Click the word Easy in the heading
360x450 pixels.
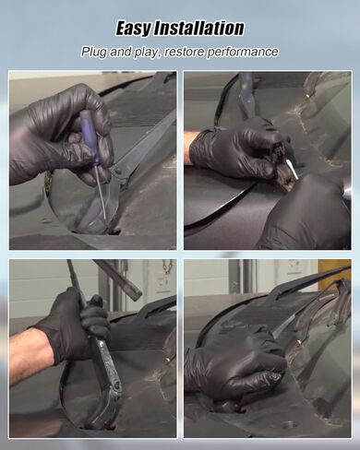(x=133, y=29)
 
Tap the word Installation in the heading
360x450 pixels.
(x=198, y=28)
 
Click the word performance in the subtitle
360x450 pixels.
(x=243, y=53)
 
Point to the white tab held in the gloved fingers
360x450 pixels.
(x=292, y=169)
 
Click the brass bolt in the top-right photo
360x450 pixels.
(x=306, y=96)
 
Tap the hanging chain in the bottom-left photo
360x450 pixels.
(x=168, y=266)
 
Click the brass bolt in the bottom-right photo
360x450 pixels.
(x=298, y=341)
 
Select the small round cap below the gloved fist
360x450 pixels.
(x=288, y=424)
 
